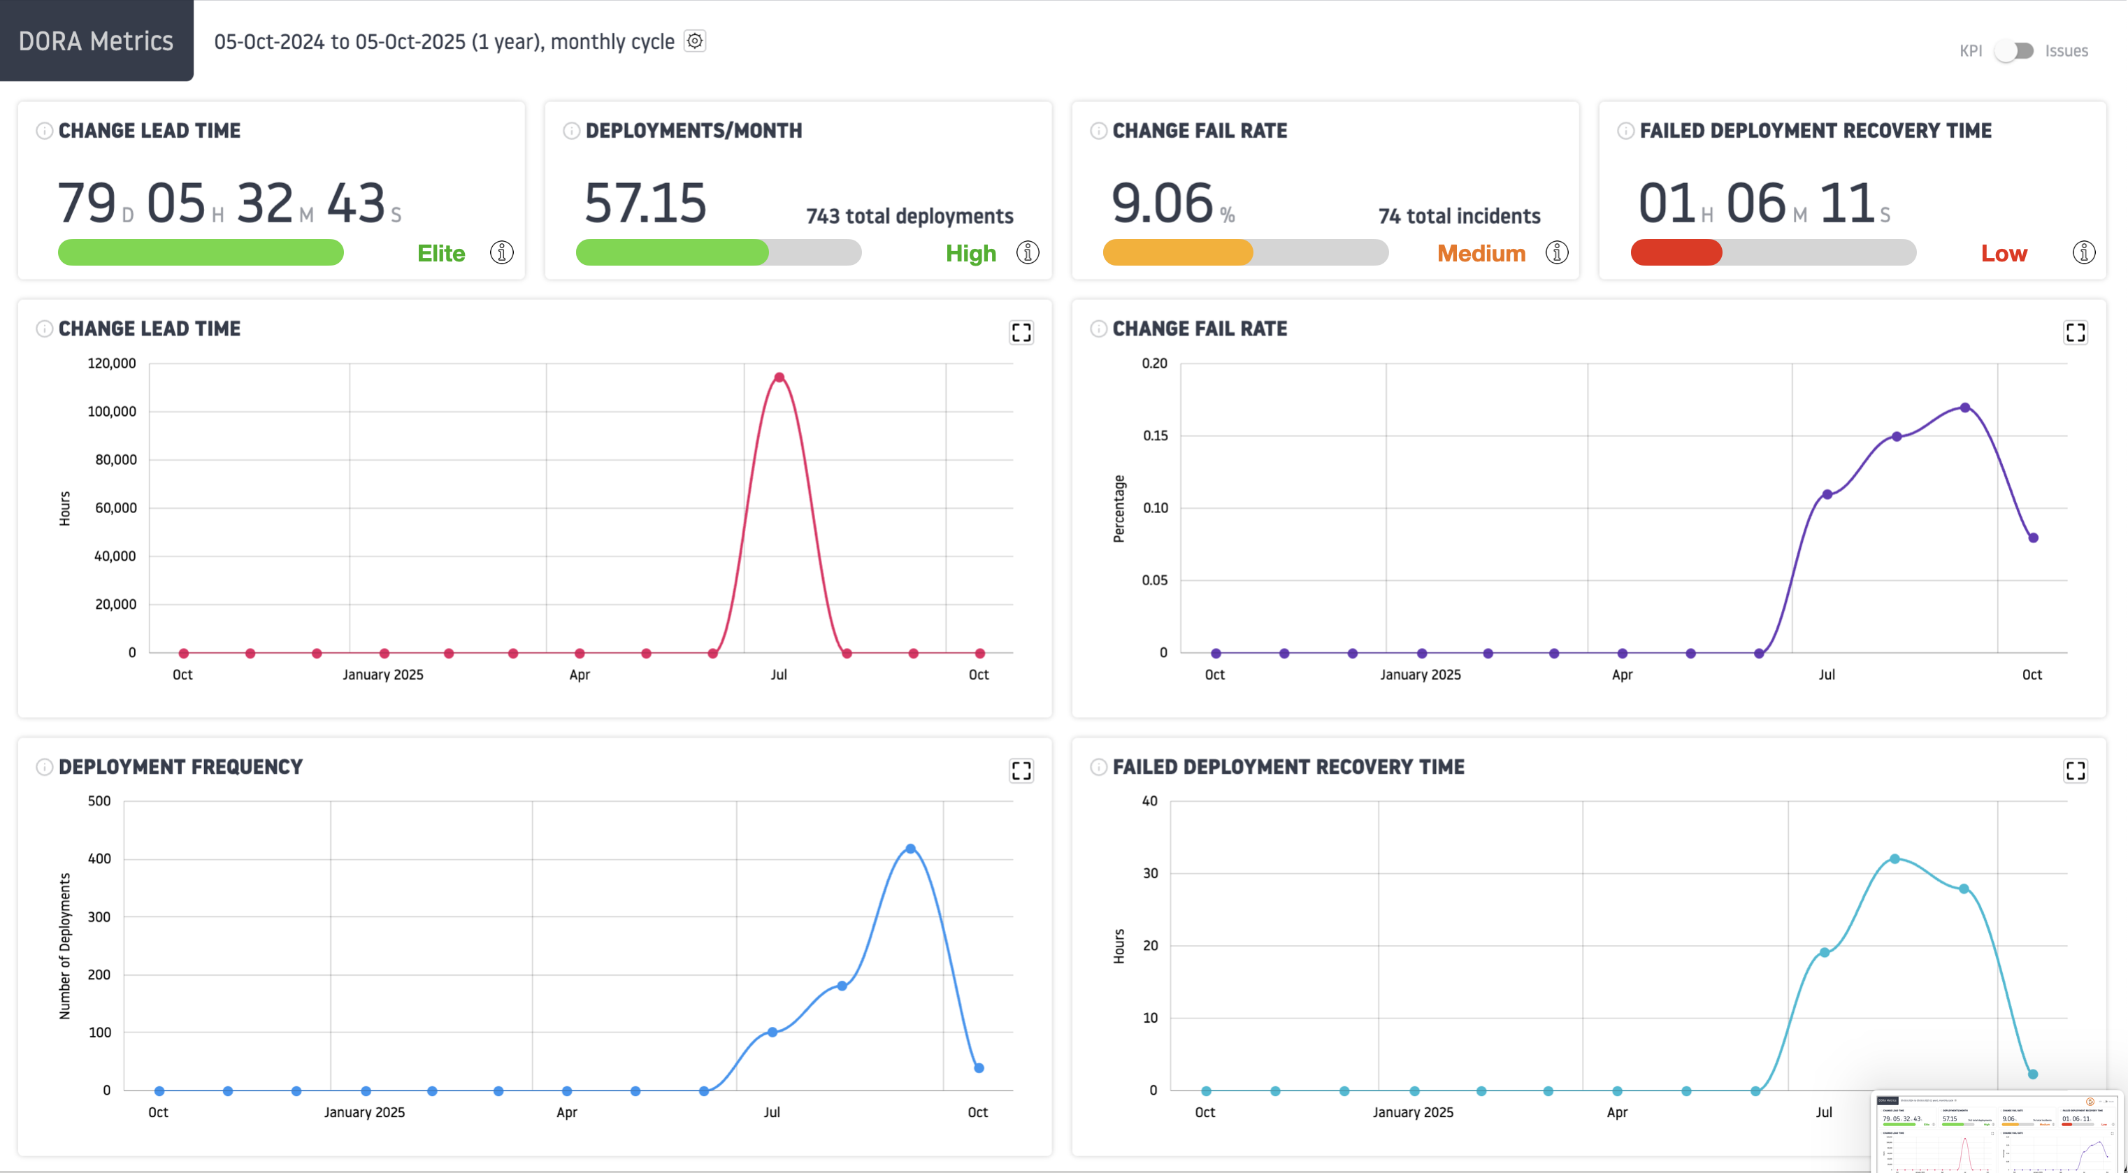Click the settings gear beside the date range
(695, 41)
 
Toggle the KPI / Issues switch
(2014, 51)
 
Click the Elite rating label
(441, 254)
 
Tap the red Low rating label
(2004, 254)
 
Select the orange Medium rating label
(1481, 254)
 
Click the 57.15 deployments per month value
(645, 203)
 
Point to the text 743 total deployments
(909, 217)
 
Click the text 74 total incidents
(1459, 217)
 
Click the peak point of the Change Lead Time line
(779, 377)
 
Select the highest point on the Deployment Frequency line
(910, 849)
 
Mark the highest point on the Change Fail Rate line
(1965, 408)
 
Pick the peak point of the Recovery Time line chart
(1895, 859)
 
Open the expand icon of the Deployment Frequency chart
(1021, 771)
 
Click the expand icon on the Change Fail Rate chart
(2075, 332)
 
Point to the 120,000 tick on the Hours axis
(113, 364)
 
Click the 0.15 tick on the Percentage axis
(1155, 436)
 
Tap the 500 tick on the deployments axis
(99, 801)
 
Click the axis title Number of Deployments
(65, 946)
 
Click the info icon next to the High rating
(1028, 253)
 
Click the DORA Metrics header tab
(96, 41)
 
